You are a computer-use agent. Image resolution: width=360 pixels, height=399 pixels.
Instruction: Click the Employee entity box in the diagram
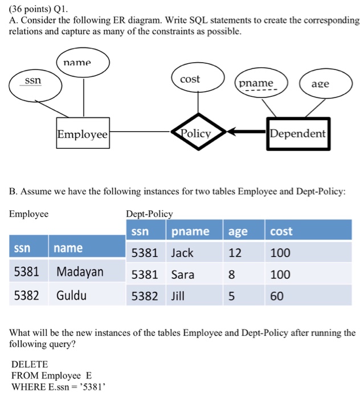82,135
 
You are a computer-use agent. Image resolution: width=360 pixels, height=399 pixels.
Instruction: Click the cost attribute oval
190,80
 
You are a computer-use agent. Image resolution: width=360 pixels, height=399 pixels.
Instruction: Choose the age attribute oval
320,84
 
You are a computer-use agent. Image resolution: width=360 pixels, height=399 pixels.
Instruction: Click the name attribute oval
82,63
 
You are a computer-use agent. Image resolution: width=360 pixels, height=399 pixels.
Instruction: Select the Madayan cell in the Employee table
80,271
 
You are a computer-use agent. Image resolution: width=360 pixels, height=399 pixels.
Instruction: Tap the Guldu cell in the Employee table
72,295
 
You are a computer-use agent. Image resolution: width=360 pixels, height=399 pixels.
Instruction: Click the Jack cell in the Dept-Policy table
182,253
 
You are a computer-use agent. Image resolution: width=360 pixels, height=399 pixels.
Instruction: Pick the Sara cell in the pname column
183,274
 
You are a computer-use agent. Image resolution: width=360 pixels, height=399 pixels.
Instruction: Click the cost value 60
277,296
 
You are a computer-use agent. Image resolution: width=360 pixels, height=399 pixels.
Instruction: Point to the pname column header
190,231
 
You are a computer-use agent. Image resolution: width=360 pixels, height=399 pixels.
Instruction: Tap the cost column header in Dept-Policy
281,231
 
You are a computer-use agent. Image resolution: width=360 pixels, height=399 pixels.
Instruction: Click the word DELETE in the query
30,364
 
